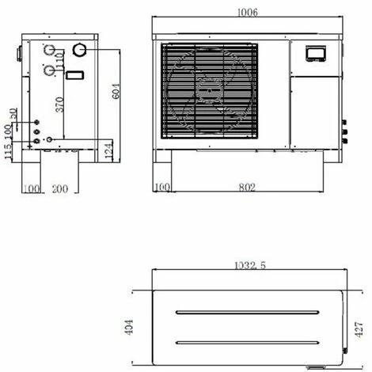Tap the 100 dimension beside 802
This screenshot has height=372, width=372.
[x=163, y=188]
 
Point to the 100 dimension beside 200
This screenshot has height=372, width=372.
[x=32, y=189]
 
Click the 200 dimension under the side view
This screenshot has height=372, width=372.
[x=60, y=189]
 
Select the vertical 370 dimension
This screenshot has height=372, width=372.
[x=60, y=103]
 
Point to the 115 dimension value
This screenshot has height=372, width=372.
[x=9, y=152]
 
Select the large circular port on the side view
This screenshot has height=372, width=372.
[x=79, y=51]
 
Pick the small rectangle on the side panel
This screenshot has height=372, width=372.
[x=74, y=76]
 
